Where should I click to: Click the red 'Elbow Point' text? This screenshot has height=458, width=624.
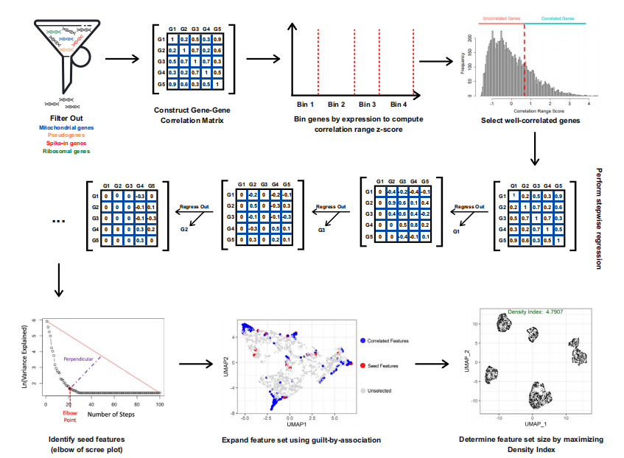click(x=69, y=417)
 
